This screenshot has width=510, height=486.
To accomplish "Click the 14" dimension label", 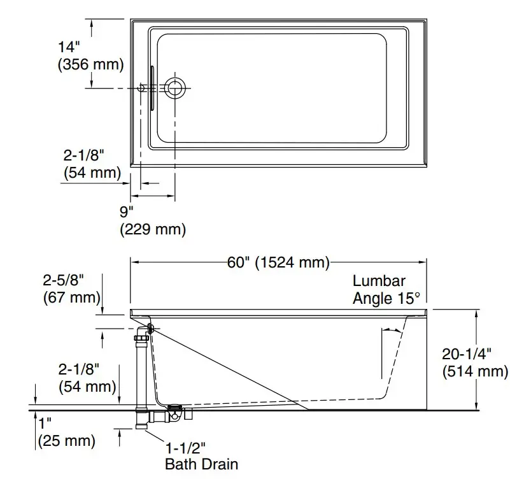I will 68,47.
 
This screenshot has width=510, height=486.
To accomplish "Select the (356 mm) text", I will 90,64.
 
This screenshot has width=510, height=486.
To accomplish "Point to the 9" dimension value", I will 127,211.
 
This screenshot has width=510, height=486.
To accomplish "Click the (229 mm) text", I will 153,229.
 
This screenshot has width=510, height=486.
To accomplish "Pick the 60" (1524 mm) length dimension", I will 278,262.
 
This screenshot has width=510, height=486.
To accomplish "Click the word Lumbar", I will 379,281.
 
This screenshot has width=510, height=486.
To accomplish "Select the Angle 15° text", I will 386,298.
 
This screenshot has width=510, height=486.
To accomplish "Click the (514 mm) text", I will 475,371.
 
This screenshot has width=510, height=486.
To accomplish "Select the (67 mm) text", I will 71,296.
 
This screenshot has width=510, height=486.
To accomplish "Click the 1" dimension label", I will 45,423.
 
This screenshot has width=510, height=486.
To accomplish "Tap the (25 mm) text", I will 67,440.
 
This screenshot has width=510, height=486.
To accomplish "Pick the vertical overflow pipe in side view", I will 141,369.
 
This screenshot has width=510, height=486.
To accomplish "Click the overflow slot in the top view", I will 152,89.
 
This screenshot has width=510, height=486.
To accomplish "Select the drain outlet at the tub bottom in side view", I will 174,406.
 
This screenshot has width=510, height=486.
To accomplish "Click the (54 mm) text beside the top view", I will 92,172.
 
